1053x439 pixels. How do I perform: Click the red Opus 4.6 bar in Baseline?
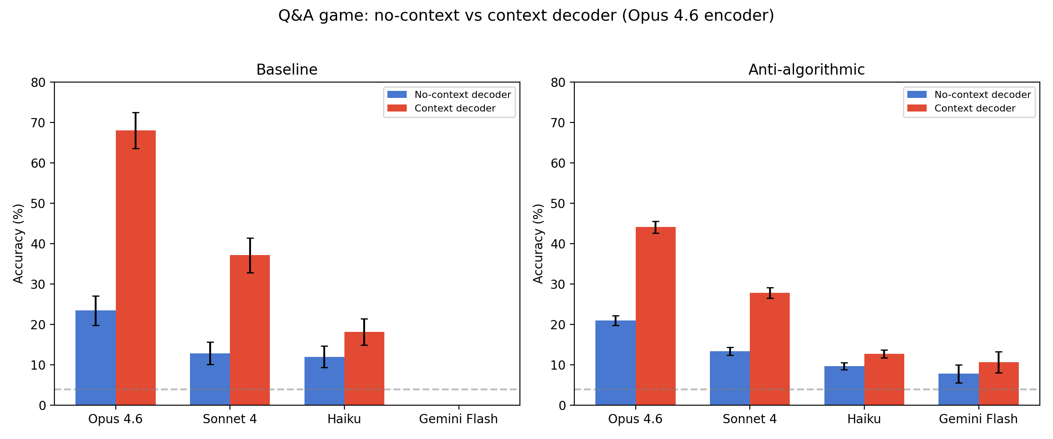point(136,268)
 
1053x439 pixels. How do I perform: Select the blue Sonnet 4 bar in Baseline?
point(210,379)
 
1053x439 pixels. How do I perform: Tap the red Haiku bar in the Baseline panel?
point(364,369)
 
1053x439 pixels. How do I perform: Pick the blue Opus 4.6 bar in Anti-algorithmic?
point(616,363)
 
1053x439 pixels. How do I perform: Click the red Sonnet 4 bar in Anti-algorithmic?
point(770,349)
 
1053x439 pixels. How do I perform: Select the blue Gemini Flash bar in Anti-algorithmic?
point(959,389)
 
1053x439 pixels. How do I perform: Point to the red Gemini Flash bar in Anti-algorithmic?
point(999,384)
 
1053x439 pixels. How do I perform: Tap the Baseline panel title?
point(287,70)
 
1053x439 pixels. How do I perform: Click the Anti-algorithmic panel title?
point(806,70)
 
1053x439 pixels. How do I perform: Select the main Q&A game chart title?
point(526,16)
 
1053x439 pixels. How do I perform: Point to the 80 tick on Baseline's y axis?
point(39,83)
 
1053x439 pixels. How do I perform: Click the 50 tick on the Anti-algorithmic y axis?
point(559,204)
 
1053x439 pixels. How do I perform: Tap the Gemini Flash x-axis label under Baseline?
point(458,419)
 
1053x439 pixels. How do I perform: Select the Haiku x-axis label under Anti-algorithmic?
point(864,419)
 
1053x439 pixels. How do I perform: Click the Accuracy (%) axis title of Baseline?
point(18,244)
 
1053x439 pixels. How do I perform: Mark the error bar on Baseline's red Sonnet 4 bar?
point(250,255)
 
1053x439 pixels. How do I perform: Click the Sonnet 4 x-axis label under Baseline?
point(230,419)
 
